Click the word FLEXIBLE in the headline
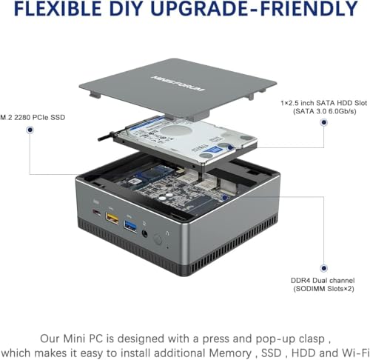58,9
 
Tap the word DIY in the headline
127,9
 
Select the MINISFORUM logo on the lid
178,83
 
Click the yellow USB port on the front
112,218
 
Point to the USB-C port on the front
96,212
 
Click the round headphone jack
145,233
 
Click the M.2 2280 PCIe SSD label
33,117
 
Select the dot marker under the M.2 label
30,130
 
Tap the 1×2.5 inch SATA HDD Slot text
324,103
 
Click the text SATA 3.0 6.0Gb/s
325,111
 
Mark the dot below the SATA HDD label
323,122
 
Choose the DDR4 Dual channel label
323,281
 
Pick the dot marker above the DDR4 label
323,268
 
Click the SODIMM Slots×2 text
323,288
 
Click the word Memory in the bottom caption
230,353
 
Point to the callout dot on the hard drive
230,147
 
